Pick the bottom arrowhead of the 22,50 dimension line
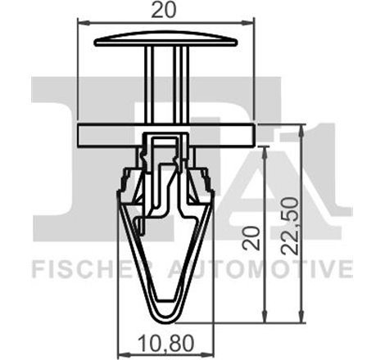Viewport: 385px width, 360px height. tap(304, 320)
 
